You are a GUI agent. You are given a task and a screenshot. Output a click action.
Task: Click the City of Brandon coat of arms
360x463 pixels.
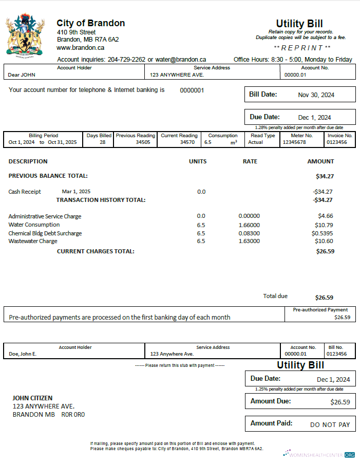coord(24,35)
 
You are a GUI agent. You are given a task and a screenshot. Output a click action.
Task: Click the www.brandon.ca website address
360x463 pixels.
coord(81,47)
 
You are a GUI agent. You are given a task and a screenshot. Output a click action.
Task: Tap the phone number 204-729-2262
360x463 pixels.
coord(126,60)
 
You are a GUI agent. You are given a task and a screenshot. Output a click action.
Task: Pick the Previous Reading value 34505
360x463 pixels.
coord(143,142)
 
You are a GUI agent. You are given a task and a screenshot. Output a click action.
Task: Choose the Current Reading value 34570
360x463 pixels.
coord(187,142)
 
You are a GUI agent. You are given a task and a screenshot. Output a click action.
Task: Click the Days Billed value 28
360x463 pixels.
coord(103,142)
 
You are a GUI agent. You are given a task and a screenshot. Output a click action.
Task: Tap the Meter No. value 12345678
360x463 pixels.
coord(294,142)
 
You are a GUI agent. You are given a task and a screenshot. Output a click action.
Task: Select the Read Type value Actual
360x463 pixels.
coord(256,142)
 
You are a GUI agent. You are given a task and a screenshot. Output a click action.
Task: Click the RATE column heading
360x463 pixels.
coord(250,161)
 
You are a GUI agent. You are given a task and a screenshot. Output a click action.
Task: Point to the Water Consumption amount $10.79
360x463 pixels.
coord(324,225)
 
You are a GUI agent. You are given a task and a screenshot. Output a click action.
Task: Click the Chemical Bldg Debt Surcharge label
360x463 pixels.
coord(45,233)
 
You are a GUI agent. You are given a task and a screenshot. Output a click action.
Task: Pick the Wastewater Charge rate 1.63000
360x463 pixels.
coord(249,242)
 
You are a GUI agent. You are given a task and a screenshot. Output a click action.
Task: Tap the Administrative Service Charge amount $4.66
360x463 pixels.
coord(326,216)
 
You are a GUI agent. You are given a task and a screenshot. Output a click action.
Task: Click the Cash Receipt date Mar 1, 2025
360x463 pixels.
coord(76,192)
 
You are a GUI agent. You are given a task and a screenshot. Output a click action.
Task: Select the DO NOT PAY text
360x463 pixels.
coord(330,425)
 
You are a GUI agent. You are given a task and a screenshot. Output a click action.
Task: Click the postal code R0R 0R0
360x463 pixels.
coord(73,414)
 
